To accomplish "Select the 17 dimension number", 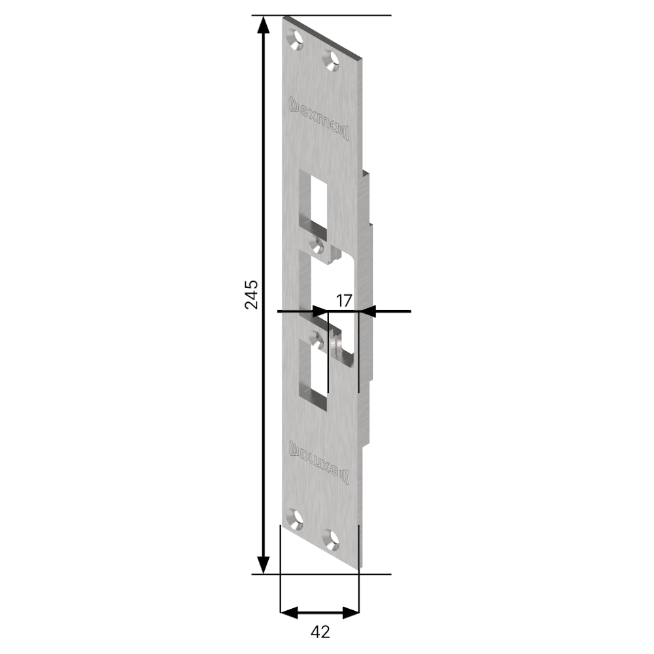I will click(344, 301).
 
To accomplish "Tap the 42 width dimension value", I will click(320, 632).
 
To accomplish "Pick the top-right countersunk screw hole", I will click(333, 59).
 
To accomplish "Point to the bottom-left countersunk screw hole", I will click(298, 520).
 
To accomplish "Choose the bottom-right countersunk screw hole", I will click(333, 538).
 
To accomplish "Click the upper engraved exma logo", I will click(320, 118).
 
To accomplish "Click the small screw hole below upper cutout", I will click(319, 246).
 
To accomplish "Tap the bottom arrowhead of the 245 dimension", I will click(263, 564).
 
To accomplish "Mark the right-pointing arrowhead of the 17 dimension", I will click(318, 311).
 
